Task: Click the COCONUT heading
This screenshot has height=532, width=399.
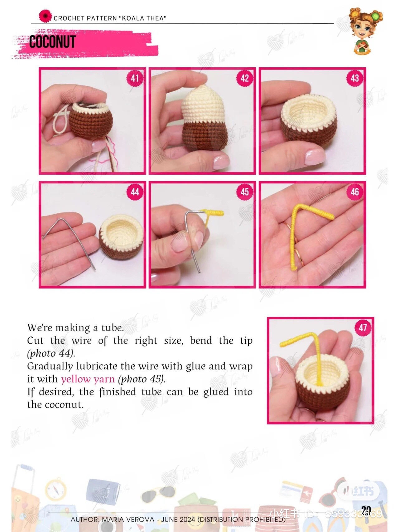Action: [x=52, y=42]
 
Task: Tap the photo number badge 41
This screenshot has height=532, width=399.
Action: [x=135, y=78]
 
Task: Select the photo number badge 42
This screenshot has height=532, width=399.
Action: [x=245, y=78]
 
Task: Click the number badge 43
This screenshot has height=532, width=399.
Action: [x=355, y=78]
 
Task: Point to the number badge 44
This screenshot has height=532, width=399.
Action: [x=135, y=192]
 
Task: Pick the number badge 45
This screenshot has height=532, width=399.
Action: [x=245, y=192]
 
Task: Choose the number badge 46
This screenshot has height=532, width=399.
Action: [x=355, y=192]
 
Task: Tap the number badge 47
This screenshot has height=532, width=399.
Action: [x=363, y=327]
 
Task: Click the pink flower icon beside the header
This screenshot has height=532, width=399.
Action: [x=46, y=16]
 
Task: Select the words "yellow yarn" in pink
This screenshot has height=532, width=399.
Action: [x=88, y=379]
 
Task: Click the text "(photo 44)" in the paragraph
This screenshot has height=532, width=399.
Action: [x=51, y=353]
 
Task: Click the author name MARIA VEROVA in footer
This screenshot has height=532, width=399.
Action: [x=128, y=520]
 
